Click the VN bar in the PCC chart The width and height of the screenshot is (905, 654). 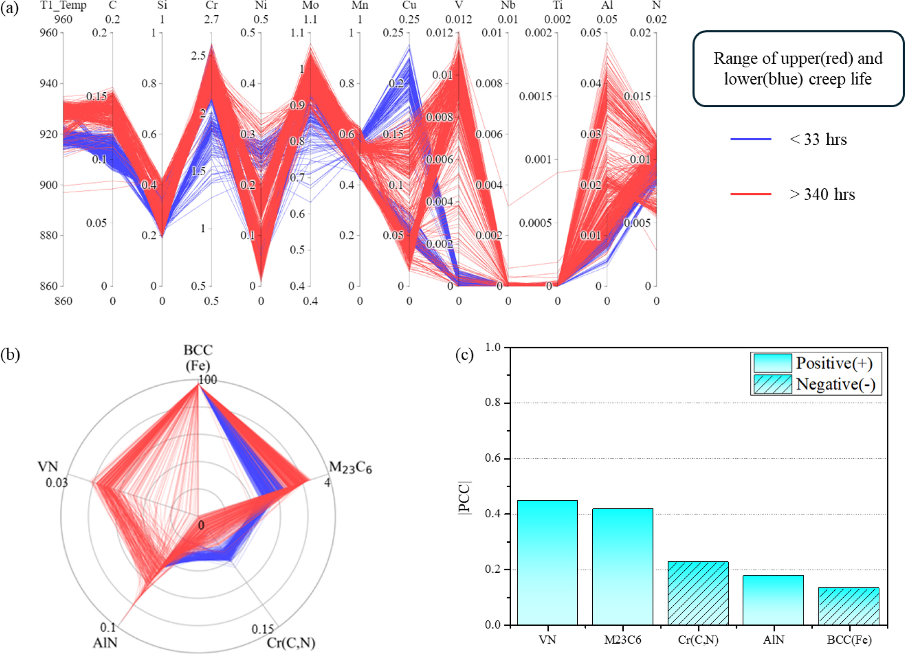[547, 562]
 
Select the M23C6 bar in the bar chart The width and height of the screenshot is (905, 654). [623, 566]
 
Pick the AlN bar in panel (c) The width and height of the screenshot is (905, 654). [773, 600]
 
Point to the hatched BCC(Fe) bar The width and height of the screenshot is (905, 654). [849, 606]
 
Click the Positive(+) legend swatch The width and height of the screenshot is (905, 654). [773, 363]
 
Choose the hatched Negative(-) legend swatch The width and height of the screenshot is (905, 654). [773, 384]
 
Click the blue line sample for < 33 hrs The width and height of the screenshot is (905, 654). [751, 139]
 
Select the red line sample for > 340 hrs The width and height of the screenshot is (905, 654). [751, 194]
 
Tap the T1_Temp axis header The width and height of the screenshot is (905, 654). [63, 5]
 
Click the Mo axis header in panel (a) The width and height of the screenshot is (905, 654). [310, 5]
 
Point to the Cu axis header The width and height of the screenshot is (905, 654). [409, 5]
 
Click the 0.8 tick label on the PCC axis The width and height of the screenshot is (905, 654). [493, 403]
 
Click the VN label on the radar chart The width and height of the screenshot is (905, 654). [48, 466]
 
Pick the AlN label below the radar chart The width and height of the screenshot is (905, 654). [105, 642]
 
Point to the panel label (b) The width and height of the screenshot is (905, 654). [10, 354]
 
